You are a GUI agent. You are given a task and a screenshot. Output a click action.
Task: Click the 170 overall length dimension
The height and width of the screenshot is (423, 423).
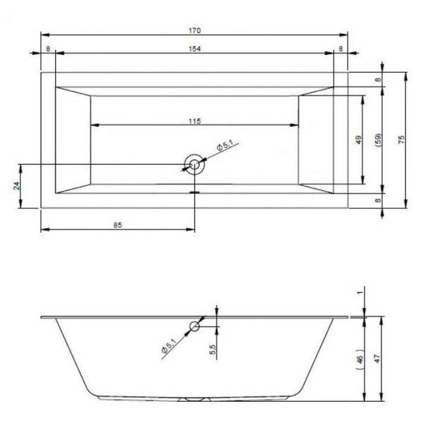pyautogui.click(x=195, y=30)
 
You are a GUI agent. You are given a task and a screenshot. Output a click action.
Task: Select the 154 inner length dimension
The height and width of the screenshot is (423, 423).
pyautogui.click(x=195, y=49)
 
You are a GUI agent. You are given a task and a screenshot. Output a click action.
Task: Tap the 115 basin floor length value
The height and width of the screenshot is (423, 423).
pyautogui.click(x=195, y=121)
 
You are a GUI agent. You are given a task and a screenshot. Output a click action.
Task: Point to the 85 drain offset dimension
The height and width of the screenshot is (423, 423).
pyautogui.click(x=118, y=225)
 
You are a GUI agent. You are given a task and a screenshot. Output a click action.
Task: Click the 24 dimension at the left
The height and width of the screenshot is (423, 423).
pyautogui.click(x=17, y=186)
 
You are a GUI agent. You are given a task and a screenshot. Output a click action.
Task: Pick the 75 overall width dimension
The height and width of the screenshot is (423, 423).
pyautogui.click(x=402, y=139)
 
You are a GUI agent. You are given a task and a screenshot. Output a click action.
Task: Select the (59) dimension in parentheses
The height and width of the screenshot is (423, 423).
pyautogui.click(x=379, y=140)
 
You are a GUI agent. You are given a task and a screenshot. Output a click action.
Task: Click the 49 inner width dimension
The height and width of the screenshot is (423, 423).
pyautogui.click(x=359, y=140)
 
